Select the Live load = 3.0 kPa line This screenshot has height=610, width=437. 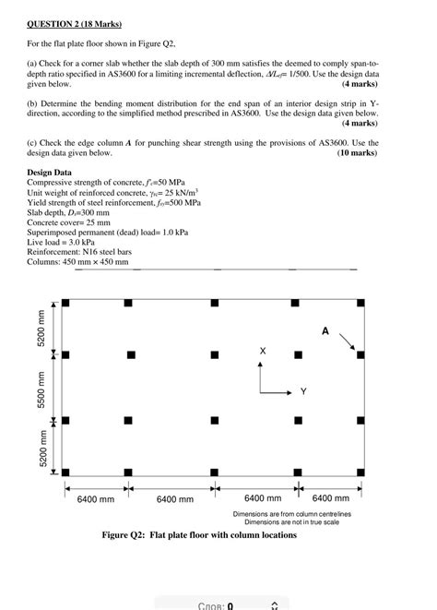(x=67, y=243)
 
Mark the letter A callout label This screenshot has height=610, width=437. (x=325, y=330)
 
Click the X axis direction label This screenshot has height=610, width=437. (x=263, y=352)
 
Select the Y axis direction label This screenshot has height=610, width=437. (x=302, y=392)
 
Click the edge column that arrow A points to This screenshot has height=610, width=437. (x=360, y=354)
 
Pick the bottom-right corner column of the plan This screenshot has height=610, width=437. (x=360, y=471)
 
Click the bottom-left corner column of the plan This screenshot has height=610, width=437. (x=65, y=471)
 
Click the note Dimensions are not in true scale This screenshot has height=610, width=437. (x=291, y=521)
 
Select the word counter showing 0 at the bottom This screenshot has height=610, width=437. (x=215, y=605)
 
